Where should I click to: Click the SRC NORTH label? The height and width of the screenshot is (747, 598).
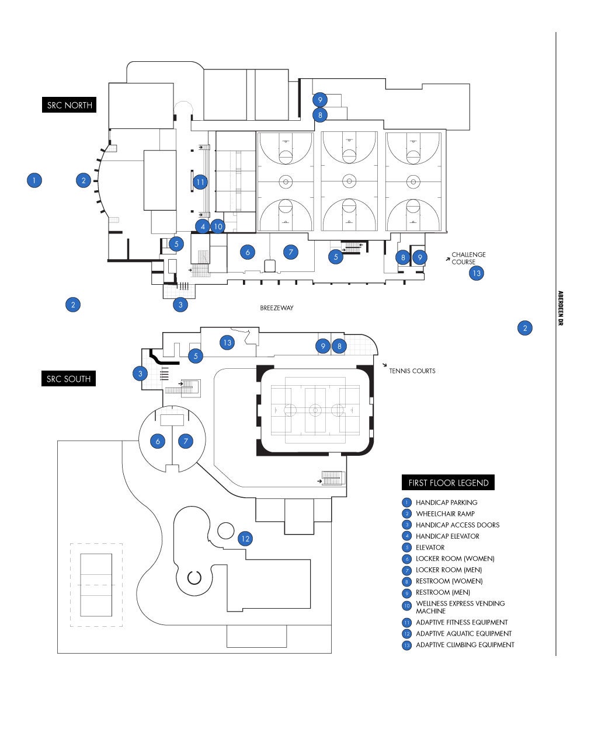69,105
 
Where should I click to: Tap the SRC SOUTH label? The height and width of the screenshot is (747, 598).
69,379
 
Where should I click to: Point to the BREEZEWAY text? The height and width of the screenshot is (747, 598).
277,308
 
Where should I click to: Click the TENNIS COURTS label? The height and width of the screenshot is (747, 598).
412,371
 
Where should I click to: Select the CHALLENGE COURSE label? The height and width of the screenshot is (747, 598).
468,258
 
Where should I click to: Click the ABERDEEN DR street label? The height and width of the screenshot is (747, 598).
560,308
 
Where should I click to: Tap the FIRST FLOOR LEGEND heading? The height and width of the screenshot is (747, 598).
448,483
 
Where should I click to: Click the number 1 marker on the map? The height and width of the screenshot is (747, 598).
34,180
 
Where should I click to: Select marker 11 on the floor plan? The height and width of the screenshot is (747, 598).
200,182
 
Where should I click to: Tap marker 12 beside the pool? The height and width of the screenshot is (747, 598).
245,539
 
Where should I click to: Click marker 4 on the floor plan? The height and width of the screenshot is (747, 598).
203,226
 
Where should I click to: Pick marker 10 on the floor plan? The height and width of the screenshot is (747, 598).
218,226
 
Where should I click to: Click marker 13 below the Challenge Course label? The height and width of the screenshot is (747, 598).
477,273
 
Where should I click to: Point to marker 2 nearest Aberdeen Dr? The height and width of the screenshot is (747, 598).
525,328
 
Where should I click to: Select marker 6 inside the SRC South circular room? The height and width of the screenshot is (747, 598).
158,441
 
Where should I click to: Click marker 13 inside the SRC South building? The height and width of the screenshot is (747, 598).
227,343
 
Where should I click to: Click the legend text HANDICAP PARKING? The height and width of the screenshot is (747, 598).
446,502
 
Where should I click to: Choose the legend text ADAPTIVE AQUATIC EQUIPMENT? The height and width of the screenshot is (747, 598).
464,634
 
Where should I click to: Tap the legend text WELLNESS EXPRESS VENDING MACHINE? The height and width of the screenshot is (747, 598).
460,607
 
